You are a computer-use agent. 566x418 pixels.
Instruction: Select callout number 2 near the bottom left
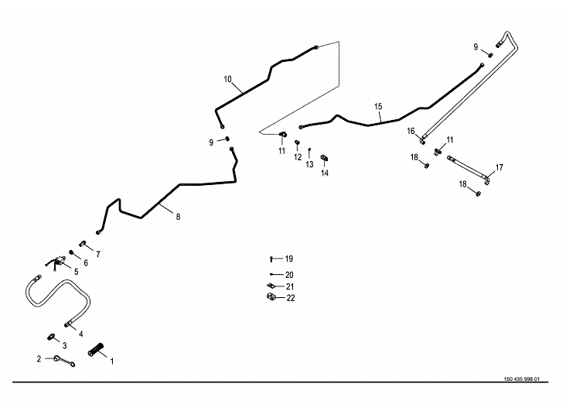click(39, 358)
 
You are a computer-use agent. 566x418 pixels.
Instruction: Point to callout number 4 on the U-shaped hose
click(80, 334)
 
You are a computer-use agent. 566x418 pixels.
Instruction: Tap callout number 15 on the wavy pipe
click(378, 106)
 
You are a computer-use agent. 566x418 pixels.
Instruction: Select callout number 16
click(411, 132)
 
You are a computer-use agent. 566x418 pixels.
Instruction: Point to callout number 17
click(500, 167)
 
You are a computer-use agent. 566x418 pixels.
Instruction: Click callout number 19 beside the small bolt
click(289, 259)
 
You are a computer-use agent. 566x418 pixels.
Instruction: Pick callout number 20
click(289, 275)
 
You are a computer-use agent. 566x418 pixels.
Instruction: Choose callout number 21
click(289, 286)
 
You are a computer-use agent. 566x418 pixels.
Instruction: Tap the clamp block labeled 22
click(271, 297)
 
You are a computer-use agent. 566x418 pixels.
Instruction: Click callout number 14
click(325, 173)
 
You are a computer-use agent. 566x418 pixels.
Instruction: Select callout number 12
click(298, 157)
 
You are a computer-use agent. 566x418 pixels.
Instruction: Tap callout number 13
click(309, 164)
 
